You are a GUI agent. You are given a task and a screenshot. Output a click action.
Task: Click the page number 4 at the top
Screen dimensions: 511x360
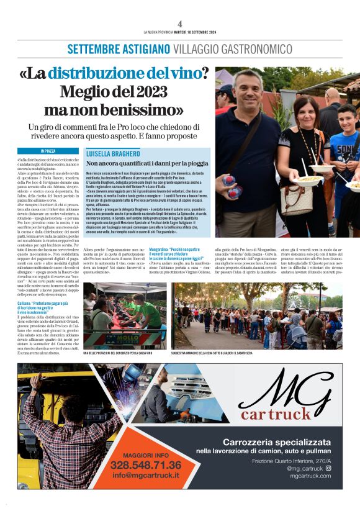179,24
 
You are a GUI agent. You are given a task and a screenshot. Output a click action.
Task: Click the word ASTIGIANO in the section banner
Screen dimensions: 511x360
142,48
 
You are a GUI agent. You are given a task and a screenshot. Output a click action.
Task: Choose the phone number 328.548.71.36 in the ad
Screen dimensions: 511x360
146,465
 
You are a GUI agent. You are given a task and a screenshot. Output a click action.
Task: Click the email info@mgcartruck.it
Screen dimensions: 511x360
146,476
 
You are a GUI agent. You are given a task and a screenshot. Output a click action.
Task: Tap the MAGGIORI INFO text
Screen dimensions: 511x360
146,454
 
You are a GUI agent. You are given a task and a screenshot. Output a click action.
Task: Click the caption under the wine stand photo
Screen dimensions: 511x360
117,353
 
